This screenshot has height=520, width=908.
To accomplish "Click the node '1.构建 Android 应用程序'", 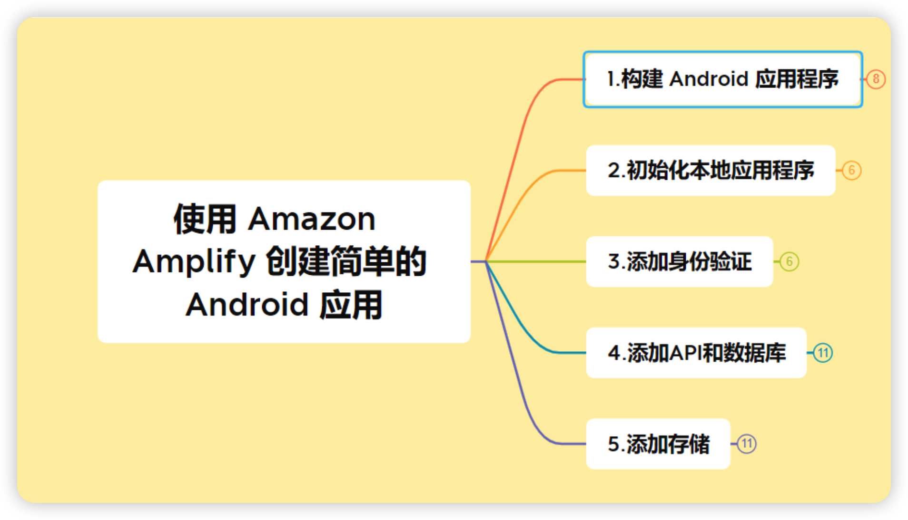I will click(x=722, y=79).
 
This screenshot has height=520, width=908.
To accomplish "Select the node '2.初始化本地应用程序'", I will click(x=711, y=170).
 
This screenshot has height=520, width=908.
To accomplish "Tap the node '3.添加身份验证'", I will click(x=679, y=261).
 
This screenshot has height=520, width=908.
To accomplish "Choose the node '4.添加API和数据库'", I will click(x=696, y=353).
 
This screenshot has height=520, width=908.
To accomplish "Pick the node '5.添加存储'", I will click(x=658, y=444).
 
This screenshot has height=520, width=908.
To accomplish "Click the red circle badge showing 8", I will click(x=876, y=79).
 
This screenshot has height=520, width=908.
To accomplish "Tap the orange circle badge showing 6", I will click(x=851, y=170).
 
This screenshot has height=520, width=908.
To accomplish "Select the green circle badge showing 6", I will click(x=789, y=261).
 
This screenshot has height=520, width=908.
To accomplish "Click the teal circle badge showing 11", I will click(x=823, y=353).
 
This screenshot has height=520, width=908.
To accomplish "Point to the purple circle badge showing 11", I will click(x=747, y=444).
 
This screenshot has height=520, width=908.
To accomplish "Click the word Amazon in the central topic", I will click(x=312, y=219).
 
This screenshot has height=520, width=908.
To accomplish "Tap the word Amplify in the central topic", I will click(x=194, y=262).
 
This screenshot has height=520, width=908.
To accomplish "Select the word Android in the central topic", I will click(x=247, y=305).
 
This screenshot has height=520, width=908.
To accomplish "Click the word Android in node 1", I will click(x=709, y=79).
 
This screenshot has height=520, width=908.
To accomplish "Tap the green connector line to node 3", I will click(x=538, y=261).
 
